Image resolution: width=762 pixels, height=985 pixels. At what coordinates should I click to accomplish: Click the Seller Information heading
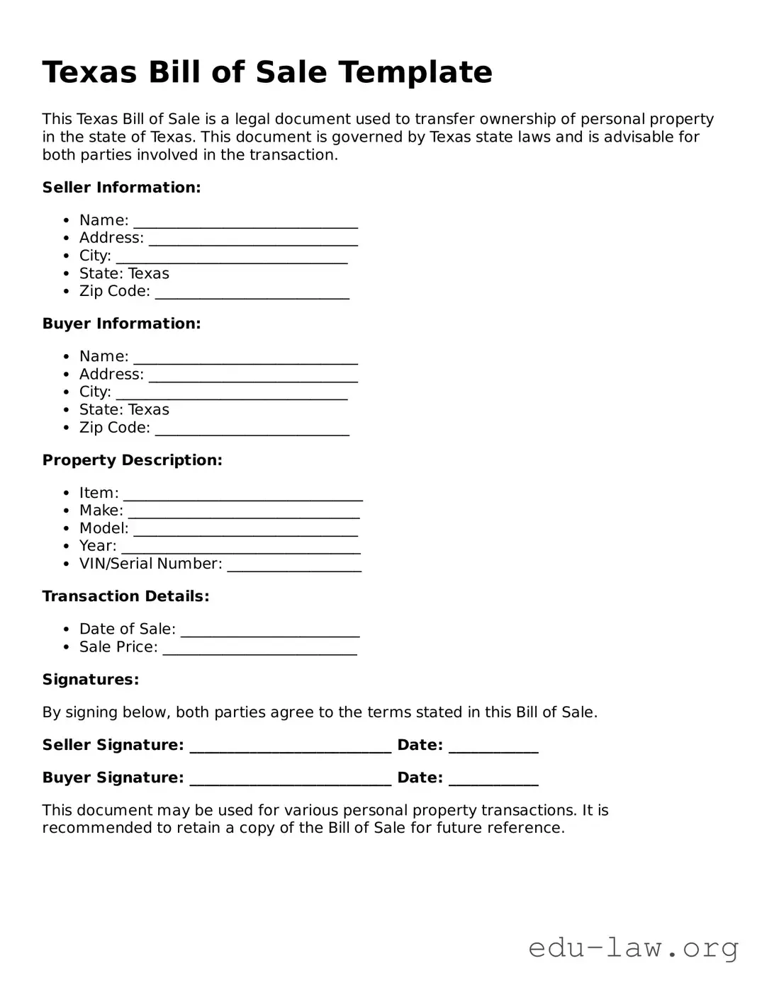(121, 188)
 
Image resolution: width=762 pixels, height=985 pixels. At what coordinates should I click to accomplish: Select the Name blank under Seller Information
(245, 222)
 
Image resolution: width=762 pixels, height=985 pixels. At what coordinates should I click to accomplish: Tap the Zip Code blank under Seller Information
(252, 292)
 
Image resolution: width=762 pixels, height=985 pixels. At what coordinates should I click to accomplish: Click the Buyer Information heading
(121, 324)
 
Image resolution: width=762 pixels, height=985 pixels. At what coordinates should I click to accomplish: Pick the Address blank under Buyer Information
(253, 375)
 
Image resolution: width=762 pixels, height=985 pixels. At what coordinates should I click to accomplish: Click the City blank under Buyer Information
(231, 393)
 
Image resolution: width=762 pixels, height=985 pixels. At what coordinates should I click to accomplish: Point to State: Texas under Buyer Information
(124, 410)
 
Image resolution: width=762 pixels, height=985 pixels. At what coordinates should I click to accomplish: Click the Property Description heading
(132, 460)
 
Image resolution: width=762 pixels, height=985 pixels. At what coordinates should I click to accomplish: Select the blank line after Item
(242, 494)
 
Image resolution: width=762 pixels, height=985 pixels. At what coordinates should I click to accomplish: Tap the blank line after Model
(245, 530)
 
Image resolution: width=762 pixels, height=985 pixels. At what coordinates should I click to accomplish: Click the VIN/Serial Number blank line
(294, 565)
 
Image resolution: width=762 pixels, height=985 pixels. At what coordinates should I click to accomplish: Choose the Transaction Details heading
(125, 596)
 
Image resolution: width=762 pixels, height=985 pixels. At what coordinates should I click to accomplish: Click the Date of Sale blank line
(270, 630)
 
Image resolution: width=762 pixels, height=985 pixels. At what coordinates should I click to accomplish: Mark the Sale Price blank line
(259, 648)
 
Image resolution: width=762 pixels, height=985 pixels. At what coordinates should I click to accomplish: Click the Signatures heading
(90, 680)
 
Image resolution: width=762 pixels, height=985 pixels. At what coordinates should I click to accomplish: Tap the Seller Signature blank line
(291, 746)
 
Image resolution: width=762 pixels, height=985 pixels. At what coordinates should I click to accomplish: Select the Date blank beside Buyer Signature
(493, 779)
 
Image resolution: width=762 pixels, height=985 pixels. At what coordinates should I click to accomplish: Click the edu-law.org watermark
(633, 947)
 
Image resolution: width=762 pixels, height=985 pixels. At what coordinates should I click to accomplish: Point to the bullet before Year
(66, 547)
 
